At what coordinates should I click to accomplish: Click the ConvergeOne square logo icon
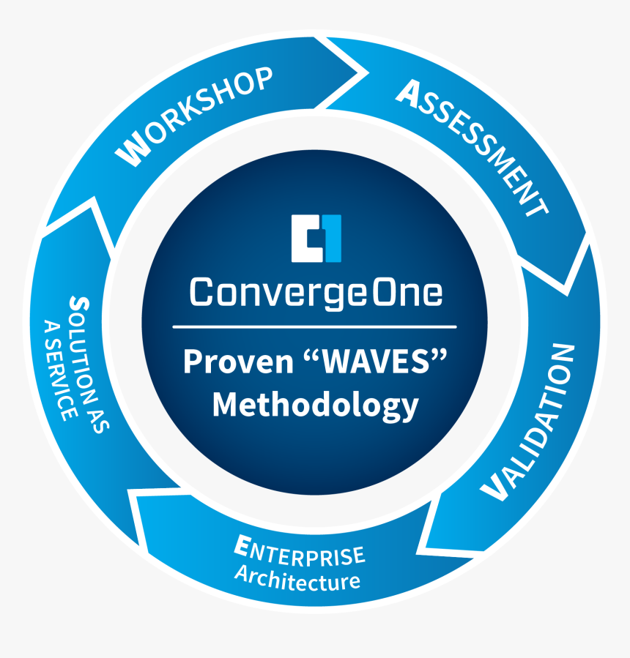point(316,238)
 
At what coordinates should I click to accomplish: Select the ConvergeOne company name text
point(316,292)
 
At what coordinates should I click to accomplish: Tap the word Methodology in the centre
point(316,405)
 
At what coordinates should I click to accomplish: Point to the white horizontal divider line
point(316,326)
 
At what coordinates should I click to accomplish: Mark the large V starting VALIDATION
point(494,487)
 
